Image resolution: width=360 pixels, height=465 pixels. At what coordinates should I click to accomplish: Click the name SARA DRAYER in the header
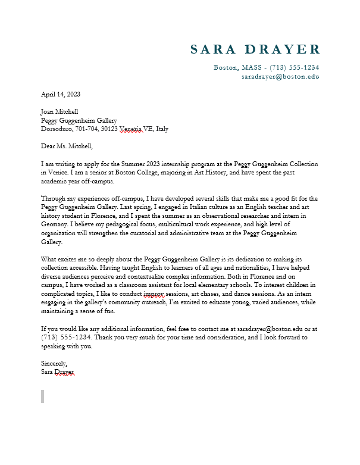coord(255,49)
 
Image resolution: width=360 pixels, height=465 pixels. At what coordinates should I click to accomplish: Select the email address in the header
coord(280,77)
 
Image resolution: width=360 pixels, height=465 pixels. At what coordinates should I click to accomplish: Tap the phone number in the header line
coord(294,67)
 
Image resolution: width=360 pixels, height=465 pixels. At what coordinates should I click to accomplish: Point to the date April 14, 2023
coord(60,94)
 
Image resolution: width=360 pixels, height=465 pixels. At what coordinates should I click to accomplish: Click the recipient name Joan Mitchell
coord(59,111)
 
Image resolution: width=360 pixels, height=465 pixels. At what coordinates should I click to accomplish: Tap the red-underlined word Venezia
coord(130,129)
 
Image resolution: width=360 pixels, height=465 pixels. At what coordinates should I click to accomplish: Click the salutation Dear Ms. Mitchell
coord(67,146)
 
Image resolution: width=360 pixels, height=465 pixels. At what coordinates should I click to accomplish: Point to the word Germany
coord(55,224)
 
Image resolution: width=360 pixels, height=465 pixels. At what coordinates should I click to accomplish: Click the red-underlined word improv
coord(154,294)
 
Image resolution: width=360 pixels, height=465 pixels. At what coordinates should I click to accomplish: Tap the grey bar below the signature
coord(42,397)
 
